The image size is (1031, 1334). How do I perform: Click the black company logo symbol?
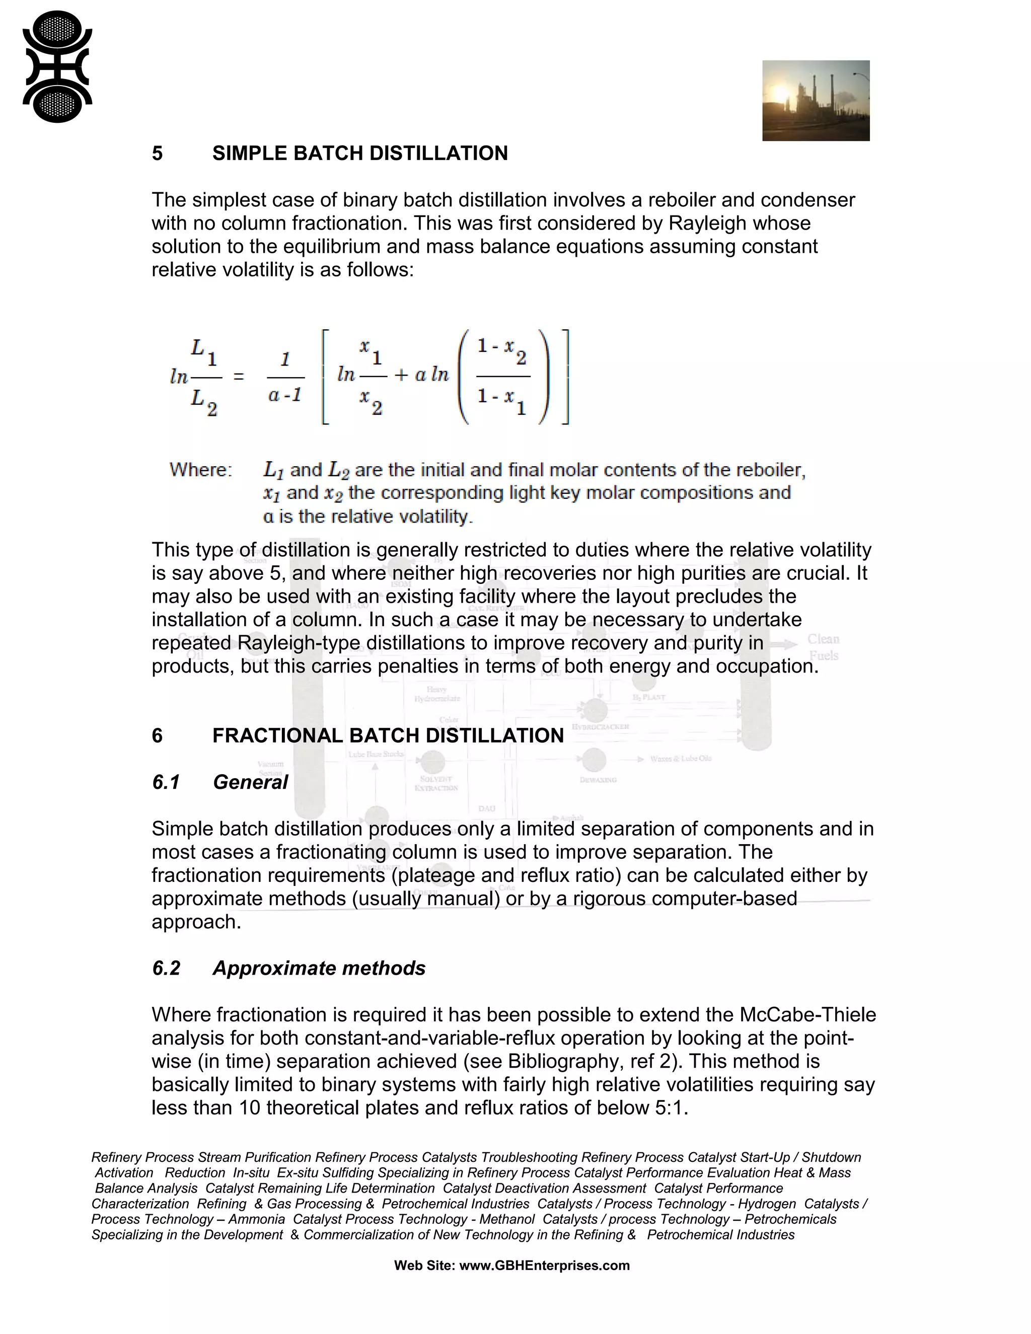point(57,67)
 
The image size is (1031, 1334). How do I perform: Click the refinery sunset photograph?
point(816,101)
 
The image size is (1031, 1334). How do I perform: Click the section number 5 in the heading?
point(157,154)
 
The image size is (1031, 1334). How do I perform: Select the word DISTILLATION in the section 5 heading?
point(438,154)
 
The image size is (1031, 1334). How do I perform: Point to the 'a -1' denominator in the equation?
point(284,395)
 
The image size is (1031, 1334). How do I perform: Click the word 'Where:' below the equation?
point(200,470)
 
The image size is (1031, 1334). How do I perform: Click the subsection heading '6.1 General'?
point(220,782)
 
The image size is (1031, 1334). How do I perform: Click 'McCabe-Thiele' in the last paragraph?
point(807,1014)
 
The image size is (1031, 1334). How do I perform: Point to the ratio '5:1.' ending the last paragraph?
point(671,1107)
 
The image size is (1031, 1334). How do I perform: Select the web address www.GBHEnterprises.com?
point(544,1265)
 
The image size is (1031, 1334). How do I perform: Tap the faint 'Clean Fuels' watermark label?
point(823,647)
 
